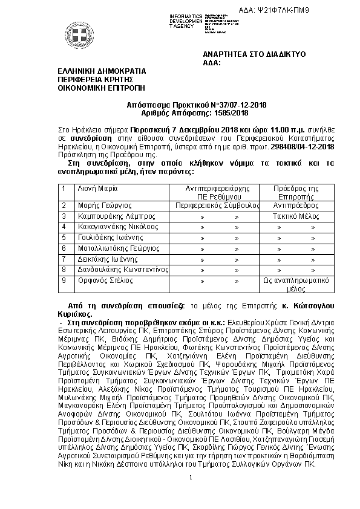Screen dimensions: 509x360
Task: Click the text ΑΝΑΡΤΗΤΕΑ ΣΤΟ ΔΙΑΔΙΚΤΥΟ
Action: pyautogui.click(x=255, y=54)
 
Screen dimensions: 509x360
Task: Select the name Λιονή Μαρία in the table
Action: pyautogui.click(x=96, y=189)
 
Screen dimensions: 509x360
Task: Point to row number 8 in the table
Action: pyautogui.click(x=65, y=270)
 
